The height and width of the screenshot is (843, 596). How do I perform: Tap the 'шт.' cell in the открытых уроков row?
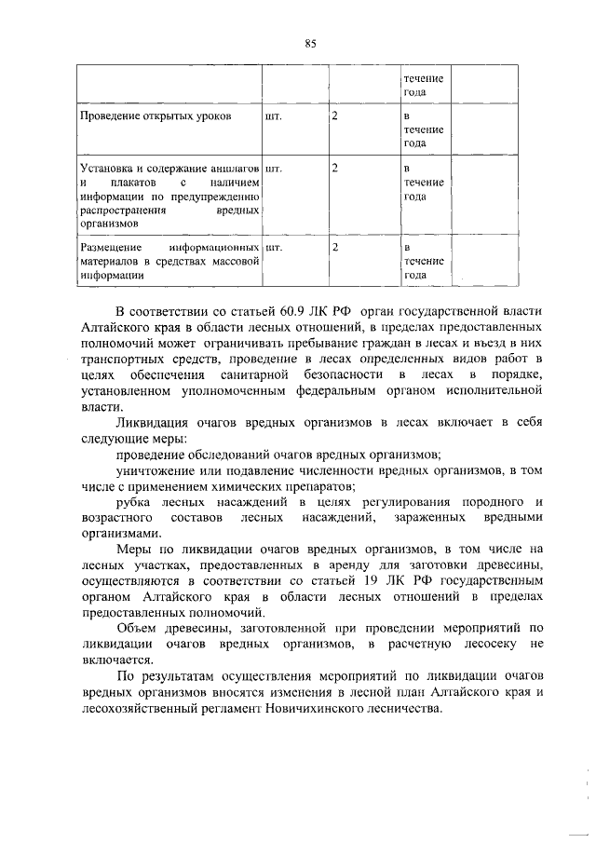(273, 117)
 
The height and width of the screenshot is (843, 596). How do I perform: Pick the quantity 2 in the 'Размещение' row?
(334, 249)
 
